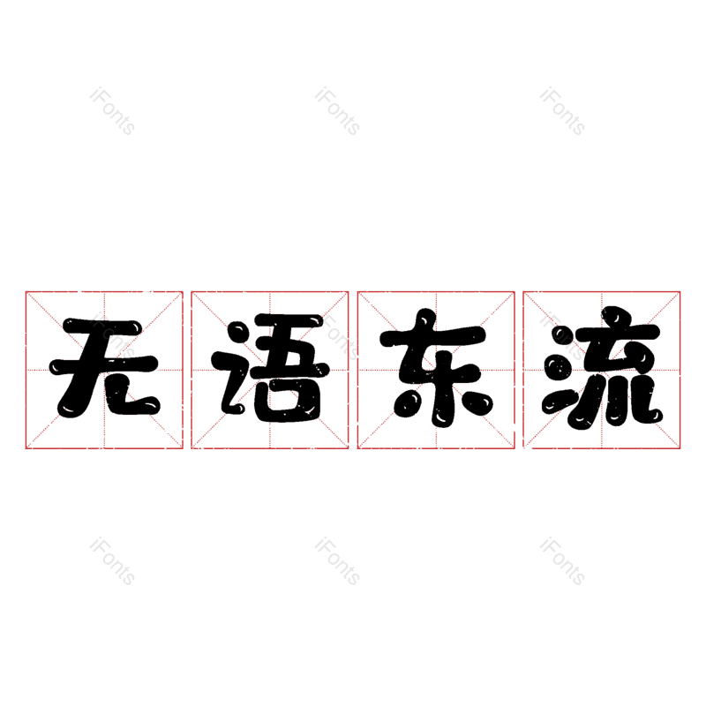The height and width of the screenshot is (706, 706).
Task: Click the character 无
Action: click(x=104, y=368)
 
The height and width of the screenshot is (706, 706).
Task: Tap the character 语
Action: click(x=271, y=368)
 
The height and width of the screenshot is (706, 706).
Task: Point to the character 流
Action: click(x=603, y=368)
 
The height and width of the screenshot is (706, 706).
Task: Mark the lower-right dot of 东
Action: click(x=478, y=402)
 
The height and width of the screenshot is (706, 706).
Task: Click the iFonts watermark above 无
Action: click(x=112, y=111)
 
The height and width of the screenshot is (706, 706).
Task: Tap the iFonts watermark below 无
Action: click(x=112, y=561)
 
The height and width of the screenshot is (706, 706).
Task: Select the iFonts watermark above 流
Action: click(x=562, y=111)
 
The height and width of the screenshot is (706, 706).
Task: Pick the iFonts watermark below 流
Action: click(x=562, y=561)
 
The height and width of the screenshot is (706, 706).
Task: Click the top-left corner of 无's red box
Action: click(x=26, y=292)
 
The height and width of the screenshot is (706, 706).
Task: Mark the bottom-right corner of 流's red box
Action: click(x=680, y=449)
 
